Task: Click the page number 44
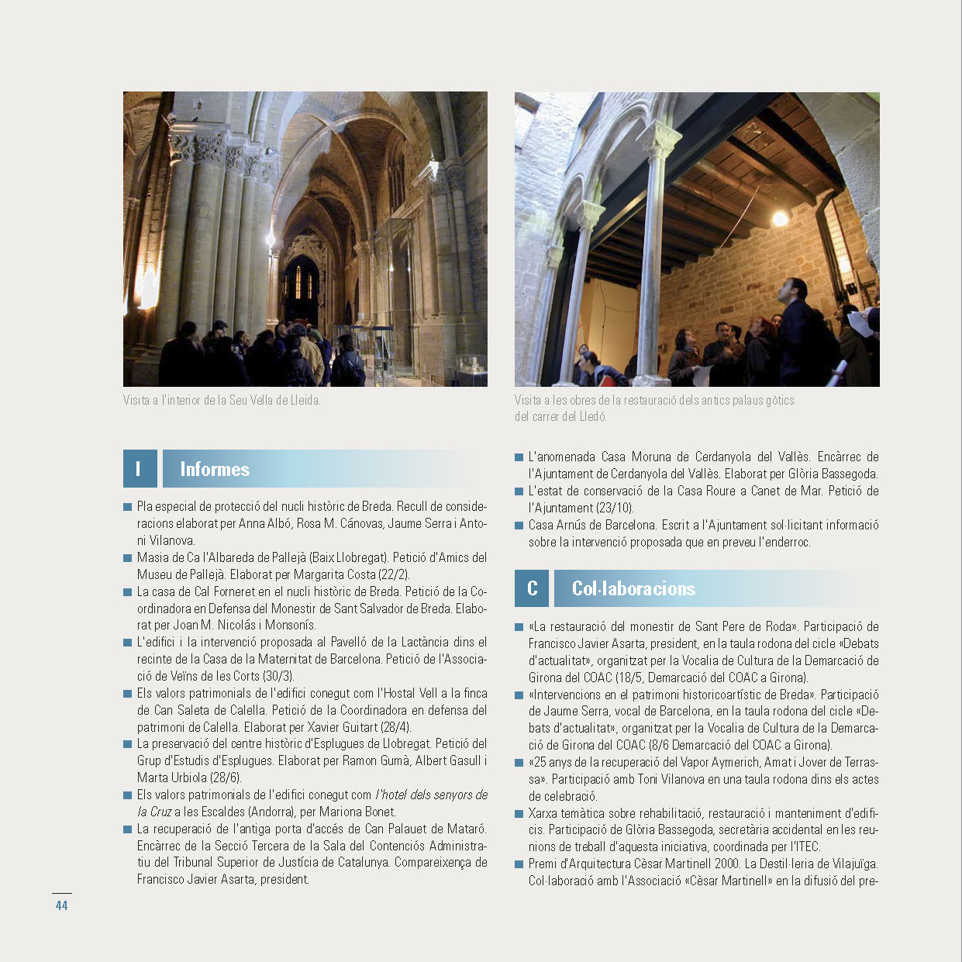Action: click(x=61, y=905)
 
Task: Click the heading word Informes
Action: click(x=215, y=469)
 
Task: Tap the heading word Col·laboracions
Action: click(x=633, y=588)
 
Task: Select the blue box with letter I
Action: click(x=140, y=469)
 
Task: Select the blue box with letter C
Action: click(x=532, y=588)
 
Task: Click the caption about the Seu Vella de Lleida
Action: click(x=222, y=401)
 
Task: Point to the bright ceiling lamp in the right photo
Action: click(x=780, y=218)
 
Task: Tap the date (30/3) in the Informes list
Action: click(x=278, y=676)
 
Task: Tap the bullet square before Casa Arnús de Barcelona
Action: click(x=519, y=526)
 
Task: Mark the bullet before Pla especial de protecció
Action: click(x=127, y=507)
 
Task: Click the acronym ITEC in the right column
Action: click(x=805, y=846)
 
